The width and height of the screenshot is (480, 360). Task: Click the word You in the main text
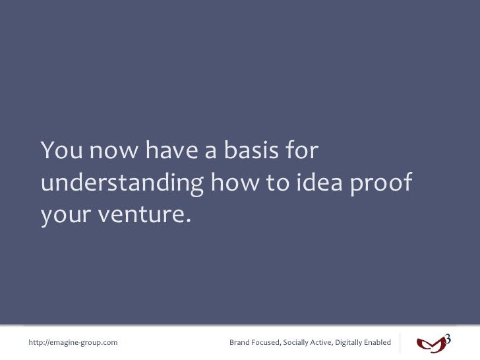(x=61, y=152)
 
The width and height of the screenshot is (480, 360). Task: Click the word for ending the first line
(x=301, y=152)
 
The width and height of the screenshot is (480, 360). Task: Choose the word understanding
(x=121, y=184)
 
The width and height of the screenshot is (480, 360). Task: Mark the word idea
(x=320, y=183)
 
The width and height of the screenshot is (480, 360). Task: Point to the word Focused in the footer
(x=266, y=342)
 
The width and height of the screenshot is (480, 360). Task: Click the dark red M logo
(x=431, y=344)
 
